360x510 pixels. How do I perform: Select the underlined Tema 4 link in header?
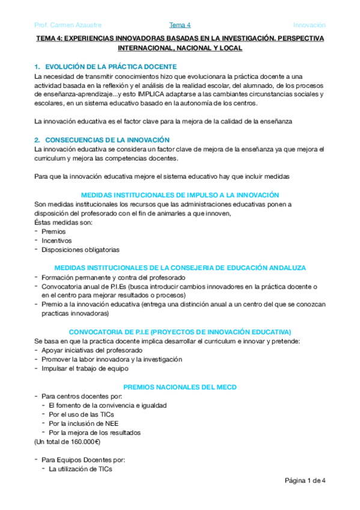(180, 25)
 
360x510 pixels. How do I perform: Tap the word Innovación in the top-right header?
(309, 25)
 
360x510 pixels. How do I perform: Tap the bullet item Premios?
(53, 231)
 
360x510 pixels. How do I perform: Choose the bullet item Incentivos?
(56, 240)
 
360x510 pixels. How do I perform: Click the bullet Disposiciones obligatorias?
(81, 249)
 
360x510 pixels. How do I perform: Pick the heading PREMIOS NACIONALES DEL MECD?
(180, 387)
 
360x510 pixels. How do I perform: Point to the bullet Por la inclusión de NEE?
(84, 423)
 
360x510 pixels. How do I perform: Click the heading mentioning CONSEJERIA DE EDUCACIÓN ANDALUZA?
(180, 268)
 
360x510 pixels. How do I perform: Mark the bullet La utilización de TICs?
(80, 469)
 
